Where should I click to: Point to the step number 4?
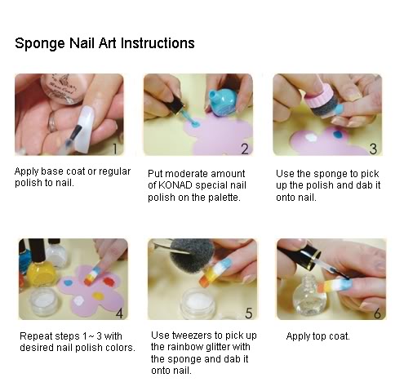[x=118, y=313]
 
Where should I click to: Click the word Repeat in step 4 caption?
[x=36, y=335]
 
